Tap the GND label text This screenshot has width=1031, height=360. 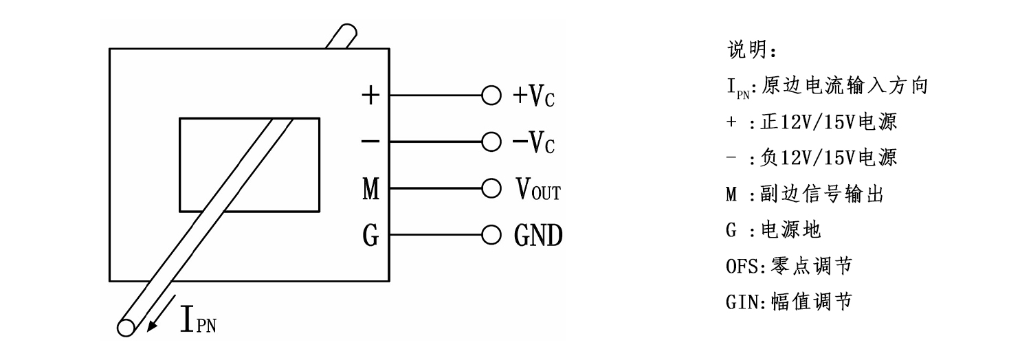[x=537, y=236]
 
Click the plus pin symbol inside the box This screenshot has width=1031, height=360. [x=370, y=95]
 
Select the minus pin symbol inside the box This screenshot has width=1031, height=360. [x=370, y=142]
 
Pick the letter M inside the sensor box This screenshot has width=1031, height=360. [x=370, y=189]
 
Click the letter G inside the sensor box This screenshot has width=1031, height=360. [x=370, y=236]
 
